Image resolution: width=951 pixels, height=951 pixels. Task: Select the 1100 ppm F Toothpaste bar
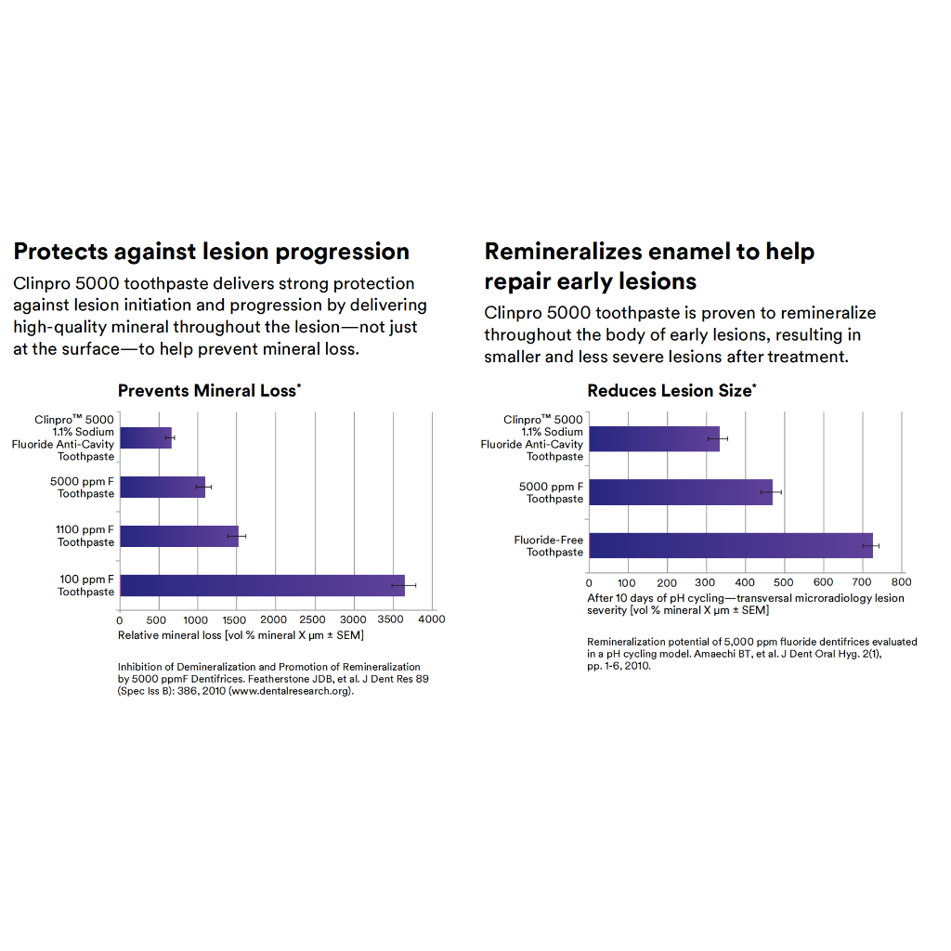178,536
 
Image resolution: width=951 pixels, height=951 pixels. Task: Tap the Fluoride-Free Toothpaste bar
730,545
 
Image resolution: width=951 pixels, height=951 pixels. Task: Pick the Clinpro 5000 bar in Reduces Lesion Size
654,438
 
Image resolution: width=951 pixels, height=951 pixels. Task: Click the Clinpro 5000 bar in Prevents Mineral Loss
146,437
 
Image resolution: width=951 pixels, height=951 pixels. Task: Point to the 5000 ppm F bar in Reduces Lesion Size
681,492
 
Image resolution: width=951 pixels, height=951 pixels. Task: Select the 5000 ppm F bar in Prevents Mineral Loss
163,487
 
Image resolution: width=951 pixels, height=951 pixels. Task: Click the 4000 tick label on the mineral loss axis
431,619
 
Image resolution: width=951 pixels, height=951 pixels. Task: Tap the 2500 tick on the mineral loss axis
314,619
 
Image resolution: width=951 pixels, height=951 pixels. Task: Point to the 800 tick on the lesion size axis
901,583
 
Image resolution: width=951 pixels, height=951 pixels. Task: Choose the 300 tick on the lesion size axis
706,583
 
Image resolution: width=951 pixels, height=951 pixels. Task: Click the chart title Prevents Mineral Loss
207,391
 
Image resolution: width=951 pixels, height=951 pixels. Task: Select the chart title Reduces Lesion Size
670,391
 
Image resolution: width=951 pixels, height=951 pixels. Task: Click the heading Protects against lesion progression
211,252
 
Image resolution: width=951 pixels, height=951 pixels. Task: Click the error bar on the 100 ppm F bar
403,585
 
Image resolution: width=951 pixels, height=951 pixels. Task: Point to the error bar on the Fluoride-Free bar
870,545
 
